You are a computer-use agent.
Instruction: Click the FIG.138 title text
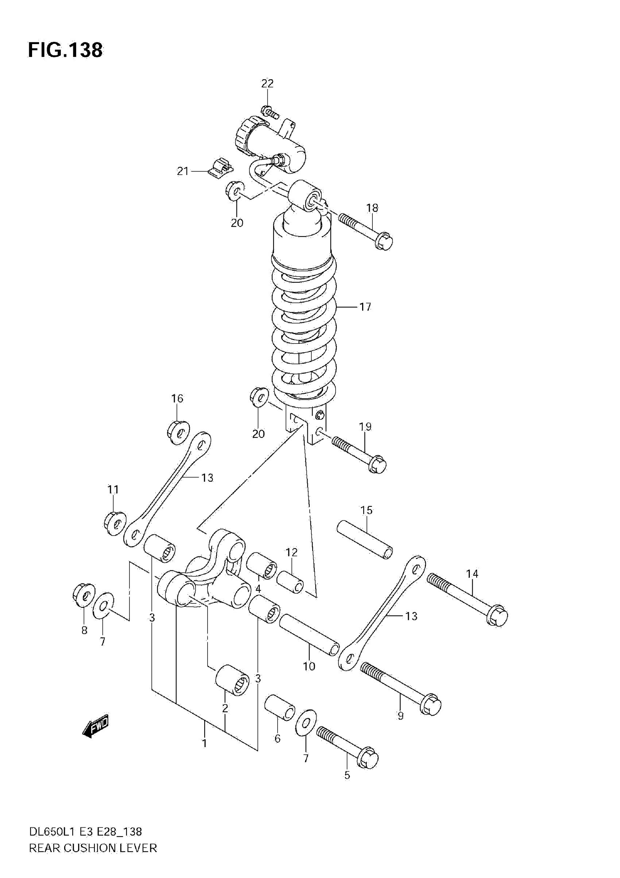pos(65,50)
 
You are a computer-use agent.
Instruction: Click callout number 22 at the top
pos(267,83)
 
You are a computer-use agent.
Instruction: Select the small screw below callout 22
pos(270,112)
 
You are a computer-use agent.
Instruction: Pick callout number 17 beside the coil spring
pos(365,307)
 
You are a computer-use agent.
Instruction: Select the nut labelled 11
pos(115,523)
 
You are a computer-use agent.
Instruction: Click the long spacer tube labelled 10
pos(309,634)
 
